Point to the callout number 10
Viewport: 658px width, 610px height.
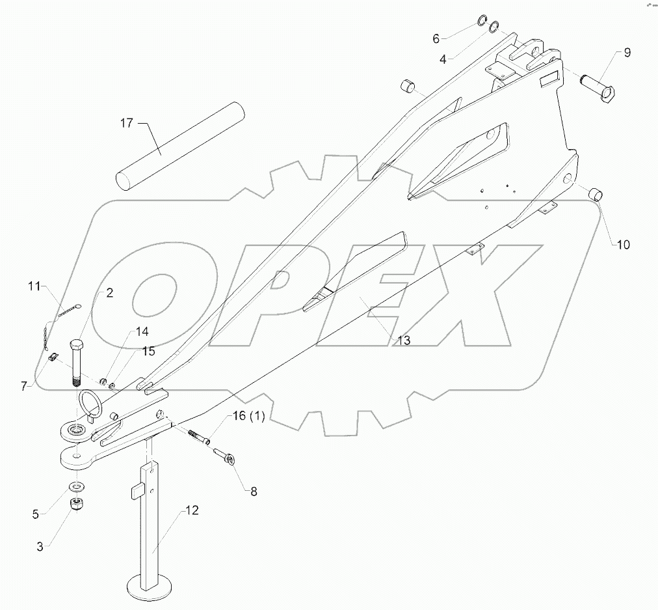tap(623, 245)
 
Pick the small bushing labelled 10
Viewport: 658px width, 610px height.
tap(593, 194)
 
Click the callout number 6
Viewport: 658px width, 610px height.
tap(436, 38)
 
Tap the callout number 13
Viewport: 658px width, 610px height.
tap(404, 340)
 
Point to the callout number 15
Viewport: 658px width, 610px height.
tap(148, 352)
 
